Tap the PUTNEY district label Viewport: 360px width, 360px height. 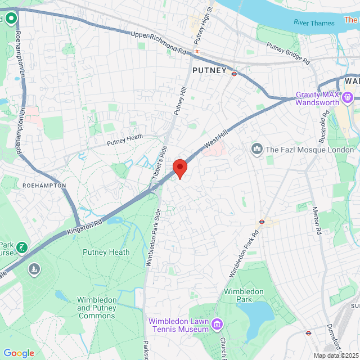point(209,71)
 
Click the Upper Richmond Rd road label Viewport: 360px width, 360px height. point(158,43)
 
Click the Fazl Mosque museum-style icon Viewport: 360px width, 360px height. point(257,149)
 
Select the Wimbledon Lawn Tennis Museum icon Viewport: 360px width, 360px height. point(217,325)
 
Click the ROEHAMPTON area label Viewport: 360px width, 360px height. point(44,185)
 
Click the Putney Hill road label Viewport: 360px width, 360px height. point(179,101)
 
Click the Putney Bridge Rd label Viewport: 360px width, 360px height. point(287,53)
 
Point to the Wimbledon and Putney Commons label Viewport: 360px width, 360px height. point(97,308)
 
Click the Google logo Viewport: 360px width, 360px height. point(19,353)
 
